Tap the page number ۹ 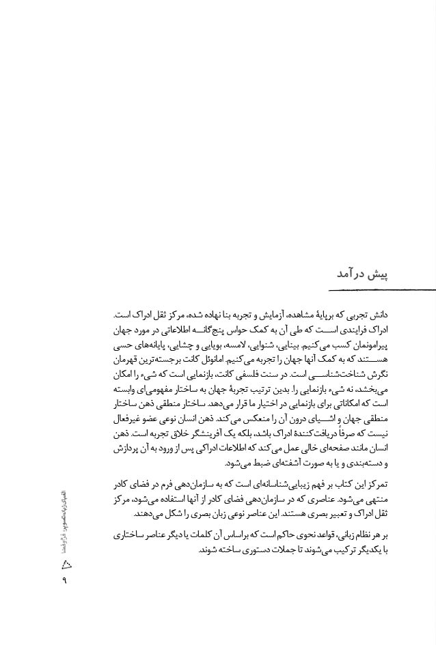(x=66, y=581)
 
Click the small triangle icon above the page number (x=66, y=563)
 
